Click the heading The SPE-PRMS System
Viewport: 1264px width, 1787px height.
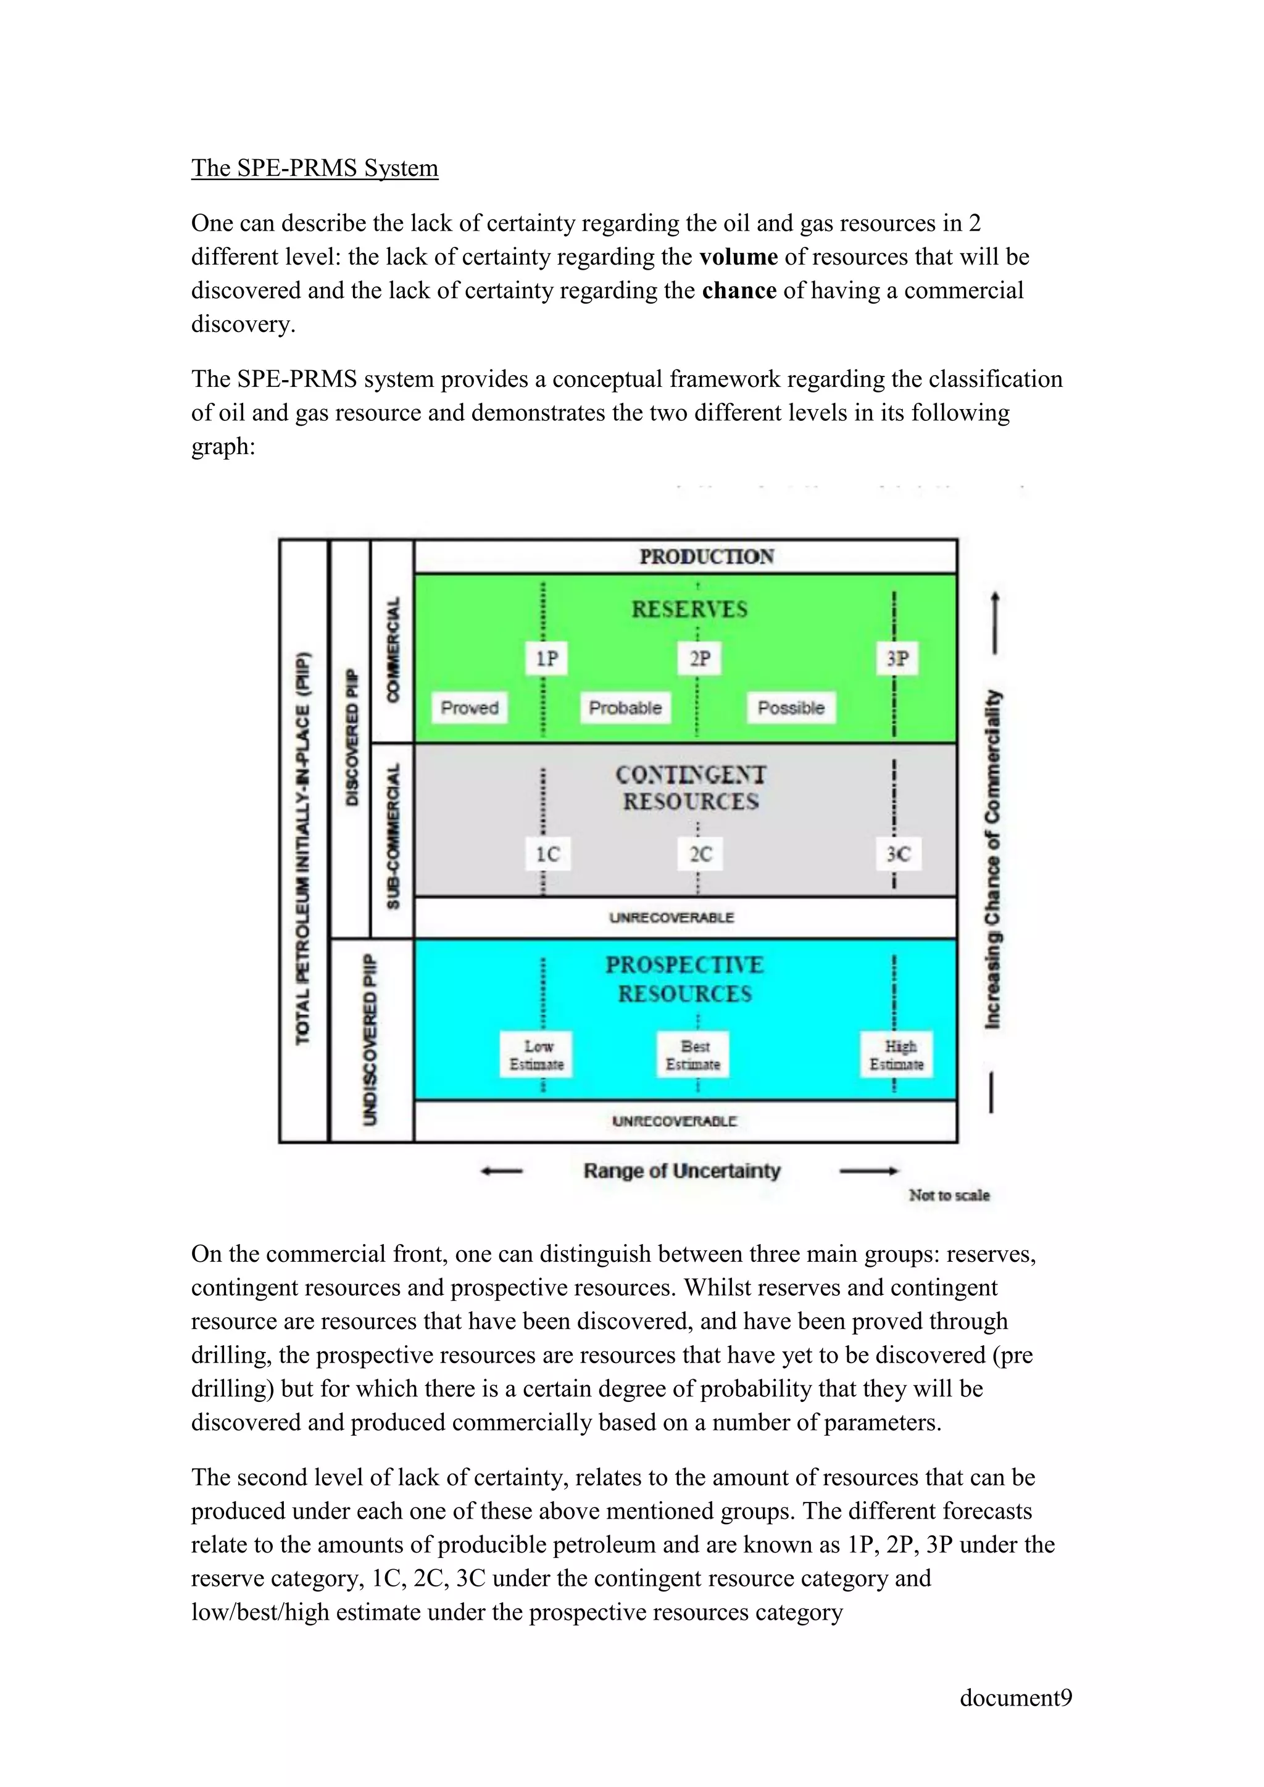pos(314,168)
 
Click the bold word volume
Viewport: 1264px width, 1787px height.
pos(738,257)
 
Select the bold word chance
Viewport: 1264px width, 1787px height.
pos(739,290)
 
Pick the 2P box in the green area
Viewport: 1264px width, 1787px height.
pos(700,658)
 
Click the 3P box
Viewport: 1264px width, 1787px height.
pos(897,658)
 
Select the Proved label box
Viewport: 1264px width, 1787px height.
pos(469,708)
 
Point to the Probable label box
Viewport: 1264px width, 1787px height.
pos(625,708)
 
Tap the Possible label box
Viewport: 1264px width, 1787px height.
pos(791,708)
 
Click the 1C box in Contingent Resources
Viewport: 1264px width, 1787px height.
pos(547,854)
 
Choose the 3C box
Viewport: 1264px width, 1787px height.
pos(897,854)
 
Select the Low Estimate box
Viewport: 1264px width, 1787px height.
pos(536,1055)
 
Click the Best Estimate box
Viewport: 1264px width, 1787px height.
pos(692,1055)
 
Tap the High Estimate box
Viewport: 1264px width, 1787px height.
pos(897,1055)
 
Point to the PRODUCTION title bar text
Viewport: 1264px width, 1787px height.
pos(706,557)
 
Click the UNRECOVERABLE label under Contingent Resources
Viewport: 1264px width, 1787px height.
pos(671,918)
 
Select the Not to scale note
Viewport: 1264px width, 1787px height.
pos(949,1195)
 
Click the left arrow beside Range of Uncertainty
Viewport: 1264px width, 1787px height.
pos(501,1171)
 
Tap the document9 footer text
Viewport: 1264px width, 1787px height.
pos(1015,1698)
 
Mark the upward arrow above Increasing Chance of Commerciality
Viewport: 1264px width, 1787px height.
pos(994,623)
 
